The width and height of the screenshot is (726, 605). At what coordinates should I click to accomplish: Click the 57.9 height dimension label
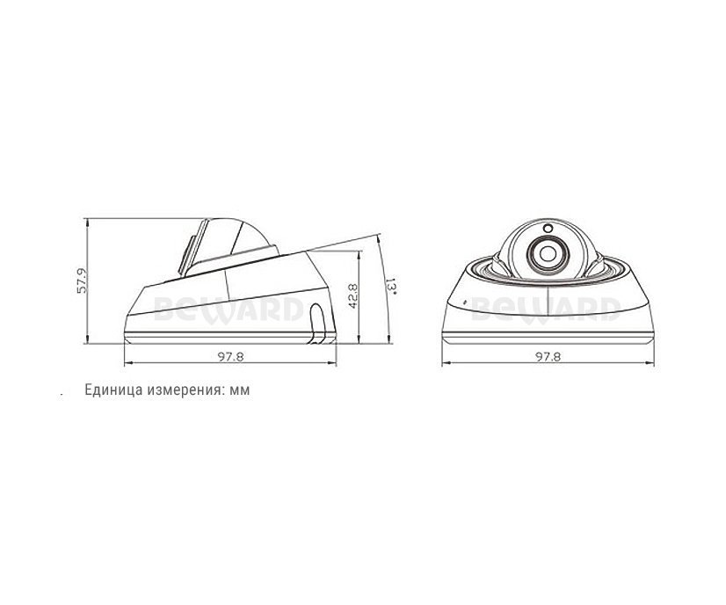(82, 281)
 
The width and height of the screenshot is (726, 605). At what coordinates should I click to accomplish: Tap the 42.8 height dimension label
(352, 296)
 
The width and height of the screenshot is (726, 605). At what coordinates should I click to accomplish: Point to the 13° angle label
(391, 286)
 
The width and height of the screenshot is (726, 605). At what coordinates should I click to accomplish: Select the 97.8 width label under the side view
(230, 356)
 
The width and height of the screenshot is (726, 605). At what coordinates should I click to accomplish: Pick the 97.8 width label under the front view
(548, 356)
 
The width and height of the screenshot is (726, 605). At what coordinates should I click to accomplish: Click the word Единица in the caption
(113, 390)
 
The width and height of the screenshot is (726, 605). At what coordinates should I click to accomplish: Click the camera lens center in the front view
(548, 253)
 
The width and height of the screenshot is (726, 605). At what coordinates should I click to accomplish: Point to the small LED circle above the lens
(548, 229)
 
